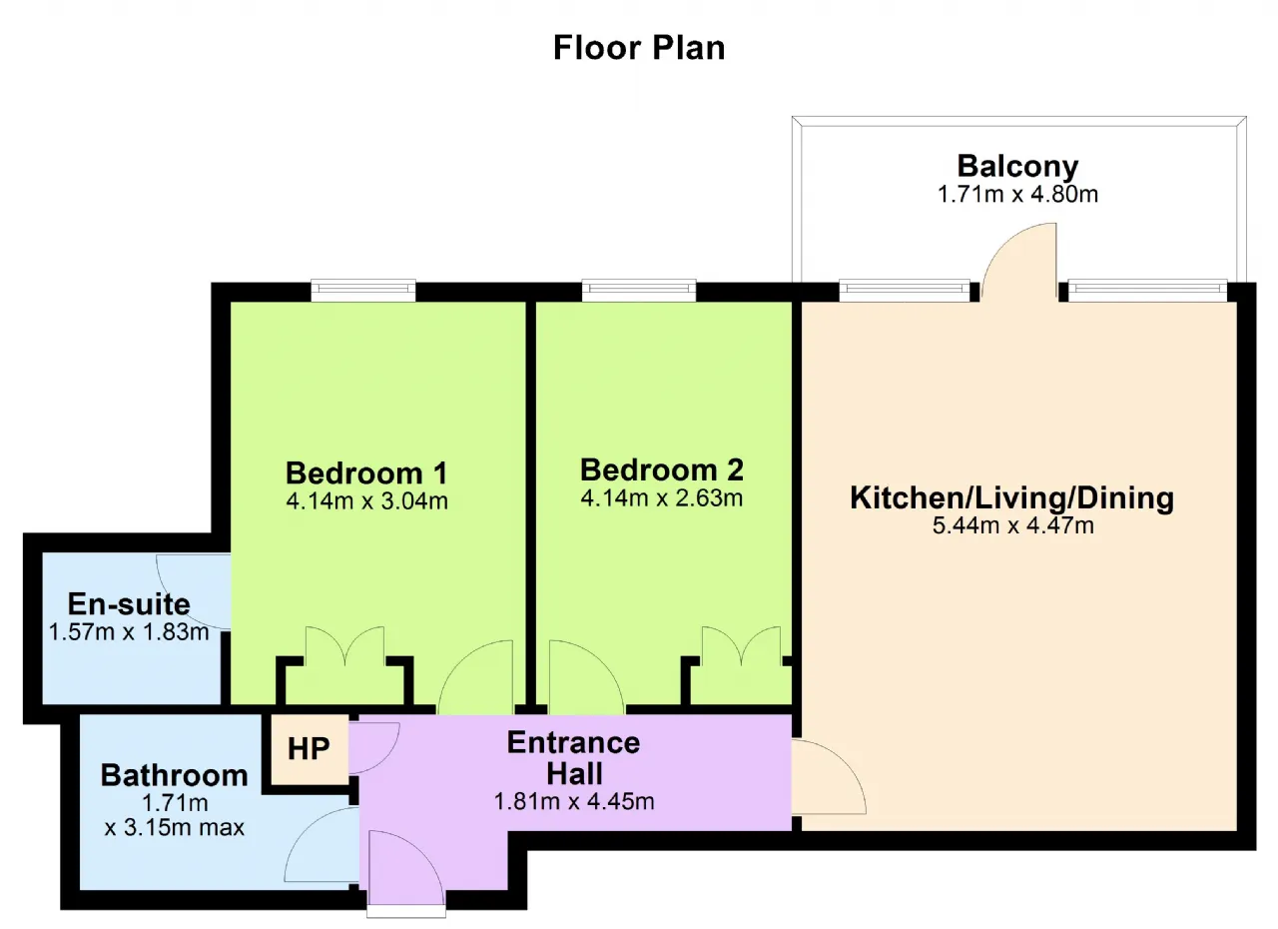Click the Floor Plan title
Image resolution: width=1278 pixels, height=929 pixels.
639,47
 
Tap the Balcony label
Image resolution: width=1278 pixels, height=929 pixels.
1017,167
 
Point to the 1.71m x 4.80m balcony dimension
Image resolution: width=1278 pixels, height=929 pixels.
1017,195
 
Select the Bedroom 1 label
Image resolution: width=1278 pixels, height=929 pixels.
366,473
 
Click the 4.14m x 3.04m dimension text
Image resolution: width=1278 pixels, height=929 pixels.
366,501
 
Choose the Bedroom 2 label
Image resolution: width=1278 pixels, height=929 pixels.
662,470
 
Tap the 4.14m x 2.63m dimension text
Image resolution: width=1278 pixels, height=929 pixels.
662,498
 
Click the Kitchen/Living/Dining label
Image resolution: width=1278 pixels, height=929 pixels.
1012,497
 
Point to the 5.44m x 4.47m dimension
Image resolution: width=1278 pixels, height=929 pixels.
1013,525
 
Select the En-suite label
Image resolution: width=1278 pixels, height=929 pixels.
129,603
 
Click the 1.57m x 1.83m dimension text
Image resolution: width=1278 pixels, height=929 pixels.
129,632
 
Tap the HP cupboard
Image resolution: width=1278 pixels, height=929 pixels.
310,748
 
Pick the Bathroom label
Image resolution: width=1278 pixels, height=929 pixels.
175,775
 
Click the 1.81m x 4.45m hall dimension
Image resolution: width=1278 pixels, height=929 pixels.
574,802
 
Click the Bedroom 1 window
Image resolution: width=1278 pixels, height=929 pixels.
363,290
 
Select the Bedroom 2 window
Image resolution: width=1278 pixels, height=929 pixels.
639,290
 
